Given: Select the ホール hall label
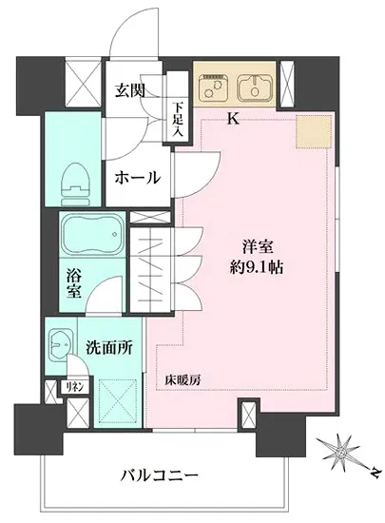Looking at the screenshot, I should [x=137, y=178].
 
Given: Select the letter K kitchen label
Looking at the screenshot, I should [x=233, y=119].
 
